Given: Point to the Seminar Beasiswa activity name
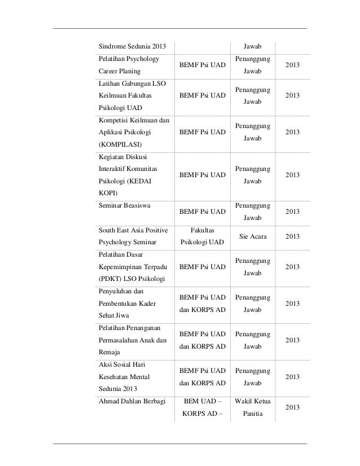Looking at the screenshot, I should [121, 206].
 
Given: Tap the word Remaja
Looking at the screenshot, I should [106, 351].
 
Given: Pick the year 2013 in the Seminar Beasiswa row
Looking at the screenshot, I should [292, 212].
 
